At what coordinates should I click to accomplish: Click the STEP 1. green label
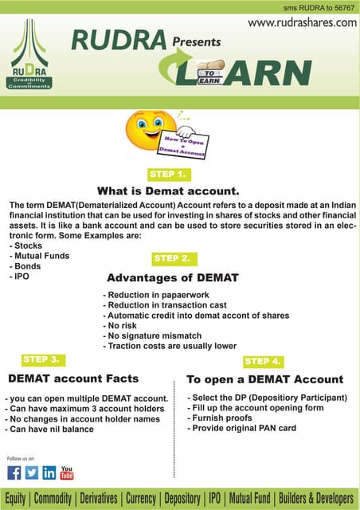click(x=168, y=174)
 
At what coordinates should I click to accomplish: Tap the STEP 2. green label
click(x=173, y=259)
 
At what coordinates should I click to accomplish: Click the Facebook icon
click(x=14, y=473)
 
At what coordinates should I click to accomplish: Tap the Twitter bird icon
click(x=31, y=473)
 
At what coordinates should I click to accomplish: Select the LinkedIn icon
click(x=49, y=473)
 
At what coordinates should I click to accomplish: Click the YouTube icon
click(x=67, y=473)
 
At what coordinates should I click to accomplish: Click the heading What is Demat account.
click(x=168, y=191)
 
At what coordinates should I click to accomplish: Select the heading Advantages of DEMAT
click(x=173, y=278)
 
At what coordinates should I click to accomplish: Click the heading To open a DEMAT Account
click(x=264, y=379)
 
